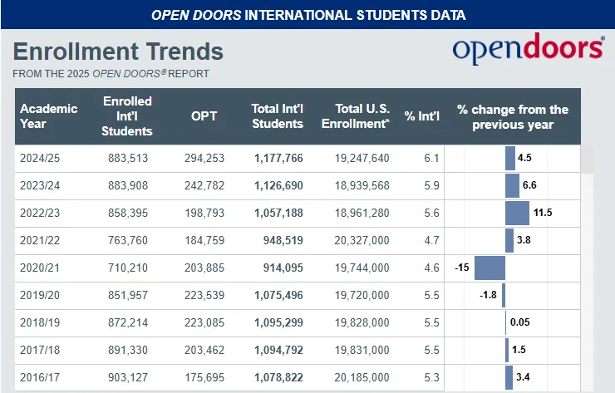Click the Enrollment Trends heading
click(x=118, y=52)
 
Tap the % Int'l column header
click(x=421, y=116)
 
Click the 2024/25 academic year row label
click(x=40, y=158)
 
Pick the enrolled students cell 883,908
click(x=128, y=185)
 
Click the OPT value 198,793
click(x=204, y=213)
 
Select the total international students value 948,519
click(x=278, y=240)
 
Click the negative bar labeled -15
click(x=490, y=268)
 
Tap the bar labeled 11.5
click(x=517, y=213)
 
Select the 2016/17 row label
click(x=40, y=377)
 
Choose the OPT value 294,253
click(x=204, y=158)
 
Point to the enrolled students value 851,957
click(x=128, y=295)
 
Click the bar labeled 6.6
click(x=512, y=185)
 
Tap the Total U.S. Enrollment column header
click(x=362, y=116)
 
